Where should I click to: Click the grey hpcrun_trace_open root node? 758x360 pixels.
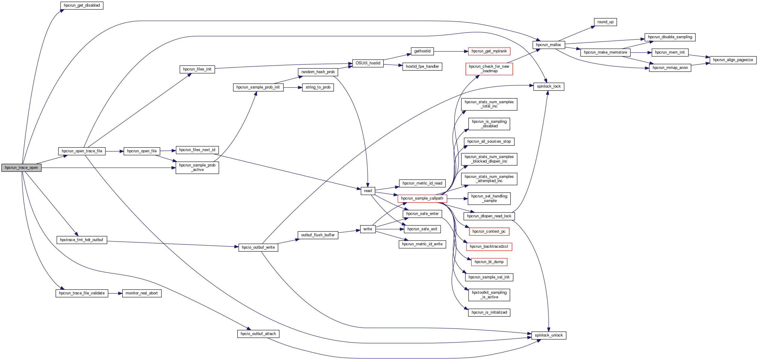pyautogui.click(x=21, y=168)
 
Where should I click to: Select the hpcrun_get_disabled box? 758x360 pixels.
pyautogui.click(x=82, y=6)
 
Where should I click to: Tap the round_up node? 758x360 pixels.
pyautogui.click(x=605, y=22)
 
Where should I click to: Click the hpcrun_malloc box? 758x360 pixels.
pyautogui.click(x=548, y=45)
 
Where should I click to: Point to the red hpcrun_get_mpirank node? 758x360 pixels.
pyautogui.click(x=489, y=51)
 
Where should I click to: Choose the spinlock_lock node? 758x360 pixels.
pyautogui.click(x=549, y=87)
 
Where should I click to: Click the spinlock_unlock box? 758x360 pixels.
pyautogui.click(x=549, y=335)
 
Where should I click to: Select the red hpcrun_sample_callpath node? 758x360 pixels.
pyautogui.click(x=422, y=199)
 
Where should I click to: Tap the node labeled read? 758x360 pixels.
pyautogui.click(x=368, y=191)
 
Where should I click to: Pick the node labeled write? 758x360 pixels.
pyautogui.click(x=368, y=229)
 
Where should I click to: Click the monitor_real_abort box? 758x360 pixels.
pyautogui.click(x=142, y=293)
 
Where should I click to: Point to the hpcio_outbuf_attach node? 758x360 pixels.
pyautogui.click(x=258, y=334)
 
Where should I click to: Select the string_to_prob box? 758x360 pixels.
pyautogui.click(x=318, y=88)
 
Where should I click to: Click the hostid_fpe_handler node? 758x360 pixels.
pyautogui.click(x=422, y=67)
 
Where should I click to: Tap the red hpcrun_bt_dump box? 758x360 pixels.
pyautogui.click(x=489, y=262)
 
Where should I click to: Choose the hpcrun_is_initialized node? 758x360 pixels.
pyautogui.click(x=489, y=312)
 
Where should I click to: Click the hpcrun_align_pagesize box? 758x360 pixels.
pyautogui.click(x=733, y=60)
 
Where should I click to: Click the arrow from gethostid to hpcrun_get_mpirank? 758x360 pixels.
pyautogui.click(x=451, y=51)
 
